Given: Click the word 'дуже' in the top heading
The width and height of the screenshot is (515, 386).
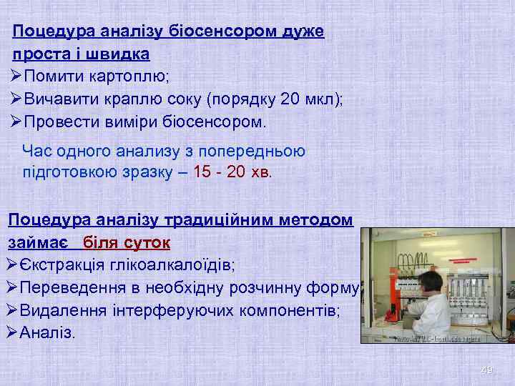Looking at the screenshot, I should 303,31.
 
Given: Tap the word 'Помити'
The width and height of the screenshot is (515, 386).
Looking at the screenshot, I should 54,76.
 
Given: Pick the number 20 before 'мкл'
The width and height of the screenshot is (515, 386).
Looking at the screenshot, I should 290,99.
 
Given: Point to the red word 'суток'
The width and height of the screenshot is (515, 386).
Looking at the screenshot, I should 146,242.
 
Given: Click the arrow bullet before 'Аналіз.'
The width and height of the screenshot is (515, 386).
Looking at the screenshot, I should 11,332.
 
